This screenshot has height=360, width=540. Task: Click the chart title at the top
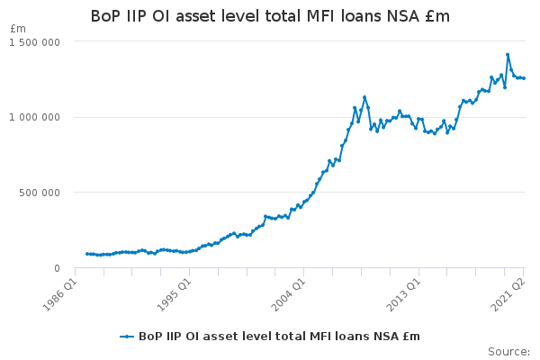pos(270,16)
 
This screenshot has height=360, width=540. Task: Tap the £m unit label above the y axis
pos(18,29)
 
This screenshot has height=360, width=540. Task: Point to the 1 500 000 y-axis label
pos(34,42)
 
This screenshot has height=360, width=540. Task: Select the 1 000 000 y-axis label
pos(34,118)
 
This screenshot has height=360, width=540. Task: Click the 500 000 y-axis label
pos(40,193)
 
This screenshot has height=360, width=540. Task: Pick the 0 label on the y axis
pos(58,268)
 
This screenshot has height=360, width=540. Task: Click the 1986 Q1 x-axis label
pos(59,294)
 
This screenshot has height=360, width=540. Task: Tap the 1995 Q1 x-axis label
pos(174,294)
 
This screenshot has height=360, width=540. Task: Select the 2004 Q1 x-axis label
pos(288,294)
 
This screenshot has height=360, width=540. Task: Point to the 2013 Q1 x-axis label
pos(403,294)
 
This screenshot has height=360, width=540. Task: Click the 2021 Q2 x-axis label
pos(508,294)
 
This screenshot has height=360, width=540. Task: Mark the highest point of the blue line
pos(508,54)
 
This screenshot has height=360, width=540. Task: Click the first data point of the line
pos(86,254)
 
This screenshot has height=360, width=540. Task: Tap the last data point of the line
pos(524,78)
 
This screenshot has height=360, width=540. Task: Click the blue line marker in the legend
pos(127,337)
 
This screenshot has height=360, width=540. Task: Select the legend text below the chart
pos(279,337)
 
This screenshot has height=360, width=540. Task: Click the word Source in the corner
pos(509,352)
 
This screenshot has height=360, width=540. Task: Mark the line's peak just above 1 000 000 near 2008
pos(364,97)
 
